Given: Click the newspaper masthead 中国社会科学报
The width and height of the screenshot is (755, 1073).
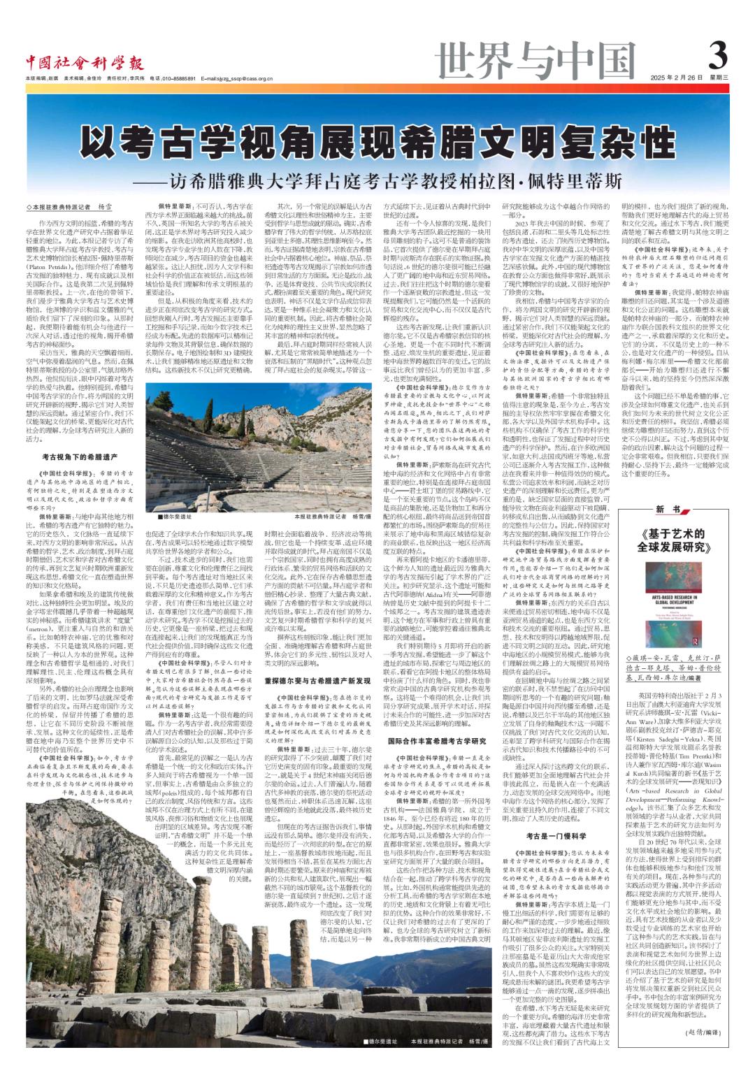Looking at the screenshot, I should pos(83,62).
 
